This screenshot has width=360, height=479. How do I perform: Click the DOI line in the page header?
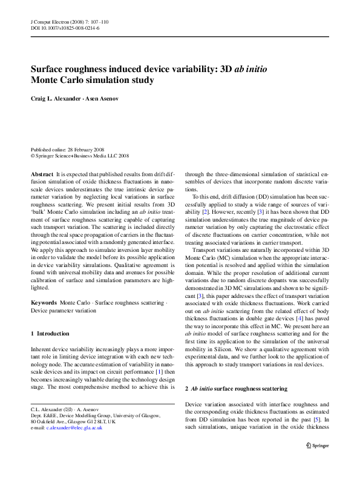pos(65,28)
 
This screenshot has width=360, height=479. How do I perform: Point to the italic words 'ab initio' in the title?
pos(250,68)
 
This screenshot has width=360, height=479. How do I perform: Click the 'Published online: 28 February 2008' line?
pos(68,149)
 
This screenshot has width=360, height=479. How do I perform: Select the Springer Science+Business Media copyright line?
pos(80,156)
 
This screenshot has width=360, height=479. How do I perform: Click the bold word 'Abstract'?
pos(42,173)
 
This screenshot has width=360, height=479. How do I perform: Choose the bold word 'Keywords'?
pos(44,302)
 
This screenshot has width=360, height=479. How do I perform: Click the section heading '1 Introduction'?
pos(50,334)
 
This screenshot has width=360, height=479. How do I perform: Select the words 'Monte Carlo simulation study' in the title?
pos(92,80)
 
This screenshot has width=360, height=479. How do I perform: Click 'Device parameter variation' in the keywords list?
pos(63,310)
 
